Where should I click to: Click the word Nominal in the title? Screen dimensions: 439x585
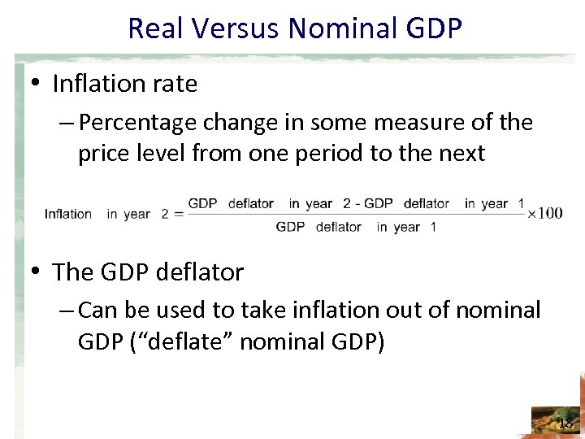(349, 28)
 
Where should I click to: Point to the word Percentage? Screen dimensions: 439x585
(139, 123)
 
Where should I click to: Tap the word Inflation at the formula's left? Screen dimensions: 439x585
(68, 214)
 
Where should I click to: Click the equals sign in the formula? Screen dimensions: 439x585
(176, 214)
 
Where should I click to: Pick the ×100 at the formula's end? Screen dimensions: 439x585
(544, 213)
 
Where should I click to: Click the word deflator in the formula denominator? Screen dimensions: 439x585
(338, 227)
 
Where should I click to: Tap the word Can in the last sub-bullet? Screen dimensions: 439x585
(99, 310)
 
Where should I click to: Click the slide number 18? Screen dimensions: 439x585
(565, 423)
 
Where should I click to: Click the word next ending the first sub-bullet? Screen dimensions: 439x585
(460, 154)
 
